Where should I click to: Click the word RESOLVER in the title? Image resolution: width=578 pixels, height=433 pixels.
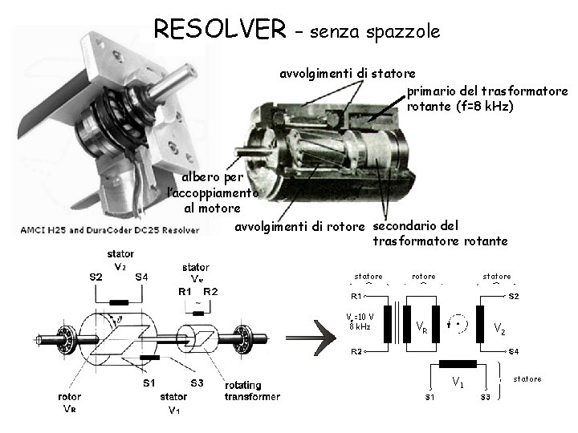click(219, 30)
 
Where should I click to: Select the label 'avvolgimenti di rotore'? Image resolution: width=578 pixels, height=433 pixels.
click(299, 227)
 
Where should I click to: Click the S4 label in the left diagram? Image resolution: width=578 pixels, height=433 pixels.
click(141, 277)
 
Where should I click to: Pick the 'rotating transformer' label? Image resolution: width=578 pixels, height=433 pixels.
click(252, 391)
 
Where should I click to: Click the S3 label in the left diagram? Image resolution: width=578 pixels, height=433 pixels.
click(196, 382)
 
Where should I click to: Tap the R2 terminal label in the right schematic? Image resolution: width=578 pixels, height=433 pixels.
click(356, 351)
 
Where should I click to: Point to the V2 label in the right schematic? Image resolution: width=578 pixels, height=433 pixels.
click(499, 328)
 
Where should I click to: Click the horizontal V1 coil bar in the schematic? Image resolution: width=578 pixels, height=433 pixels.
click(458, 363)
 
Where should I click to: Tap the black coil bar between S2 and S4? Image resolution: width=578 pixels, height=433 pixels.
click(118, 302)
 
